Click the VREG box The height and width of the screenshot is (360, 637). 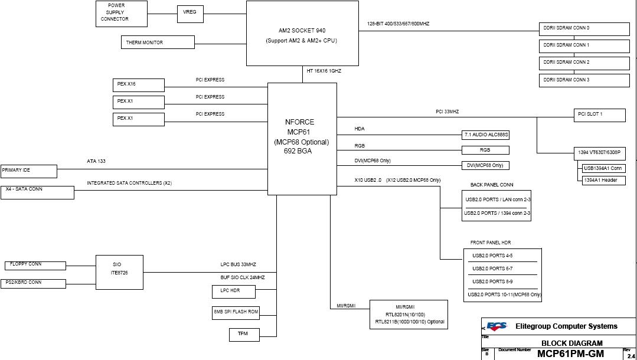[190, 14]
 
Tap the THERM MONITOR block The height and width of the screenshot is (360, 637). [158, 42]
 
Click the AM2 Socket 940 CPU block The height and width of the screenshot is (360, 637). [302, 33]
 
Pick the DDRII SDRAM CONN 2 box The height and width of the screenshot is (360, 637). [584, 63]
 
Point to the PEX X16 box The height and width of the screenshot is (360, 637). [138, 85]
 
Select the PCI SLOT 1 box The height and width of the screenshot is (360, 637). [599, 114]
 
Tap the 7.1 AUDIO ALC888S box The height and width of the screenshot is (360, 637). [485, 135]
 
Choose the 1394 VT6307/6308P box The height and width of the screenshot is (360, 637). [599, 153]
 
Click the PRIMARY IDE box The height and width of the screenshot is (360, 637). [28, 171]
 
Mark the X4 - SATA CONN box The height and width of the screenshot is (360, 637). [37, 192]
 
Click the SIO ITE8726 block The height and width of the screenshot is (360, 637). [119, 272]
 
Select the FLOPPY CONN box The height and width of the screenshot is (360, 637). [35, 266]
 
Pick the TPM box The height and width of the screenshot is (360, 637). [244, 335]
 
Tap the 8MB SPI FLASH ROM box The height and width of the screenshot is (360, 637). [236, 313]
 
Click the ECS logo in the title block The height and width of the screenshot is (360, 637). [496, 326]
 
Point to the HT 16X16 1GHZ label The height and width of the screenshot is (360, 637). [324, 71]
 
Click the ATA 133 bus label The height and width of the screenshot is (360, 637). [96, 161]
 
